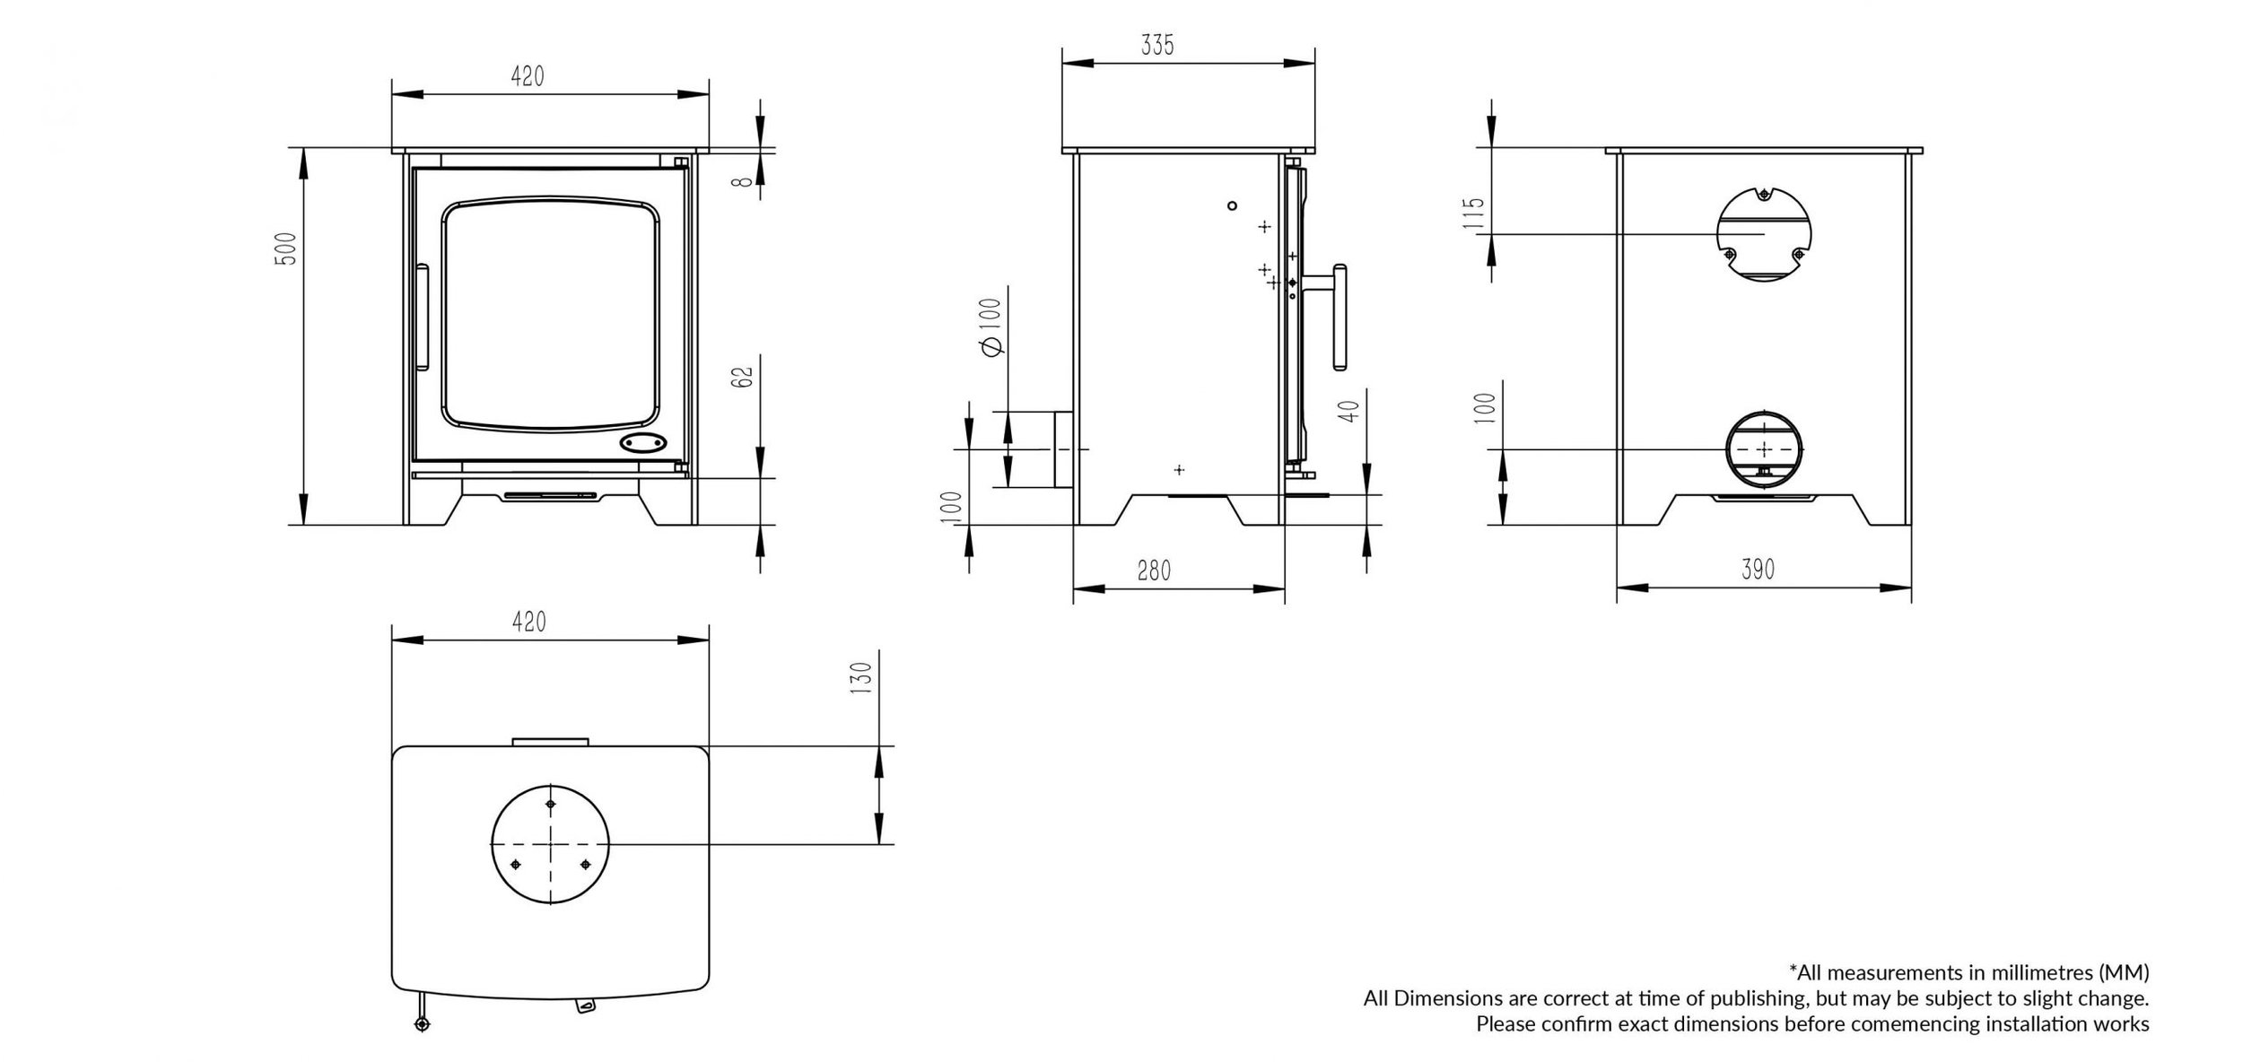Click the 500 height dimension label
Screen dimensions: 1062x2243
tap(284, 248)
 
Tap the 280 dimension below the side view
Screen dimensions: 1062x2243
tap(1154, 570)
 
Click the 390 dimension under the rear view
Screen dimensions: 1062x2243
tap(1758, 570)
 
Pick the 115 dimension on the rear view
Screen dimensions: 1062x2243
tap(1474, 214)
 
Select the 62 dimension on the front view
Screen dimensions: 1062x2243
tap(742, 377)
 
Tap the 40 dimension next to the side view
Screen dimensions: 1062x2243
tap(1349, 411)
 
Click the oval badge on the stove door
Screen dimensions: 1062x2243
tap(643, 442)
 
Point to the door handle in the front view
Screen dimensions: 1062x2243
tap(421, 316)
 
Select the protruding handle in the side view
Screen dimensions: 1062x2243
tap(1340, 316)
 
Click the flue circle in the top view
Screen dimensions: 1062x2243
tap(550, 844)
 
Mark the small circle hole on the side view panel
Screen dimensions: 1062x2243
tap(1232, 206)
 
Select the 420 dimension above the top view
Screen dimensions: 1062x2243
tap(528, 622)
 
